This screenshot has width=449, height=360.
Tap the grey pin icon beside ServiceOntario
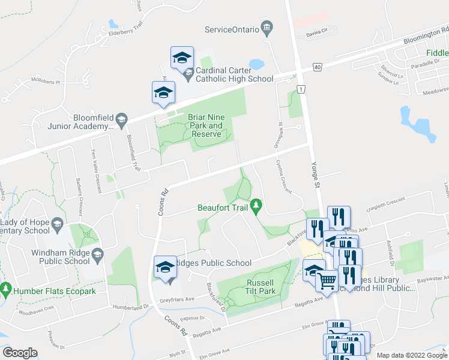(x=267, y=29)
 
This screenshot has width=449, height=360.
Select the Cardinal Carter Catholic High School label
(x=235, y=74)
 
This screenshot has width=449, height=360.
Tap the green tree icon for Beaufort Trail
(x=256, y=206)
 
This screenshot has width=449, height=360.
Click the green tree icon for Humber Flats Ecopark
(x=6, y=289)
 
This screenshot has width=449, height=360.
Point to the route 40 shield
(x=317, y=67)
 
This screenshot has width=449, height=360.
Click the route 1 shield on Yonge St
(x=300, y=89)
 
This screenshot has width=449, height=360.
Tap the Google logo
(x=20, y=353)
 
